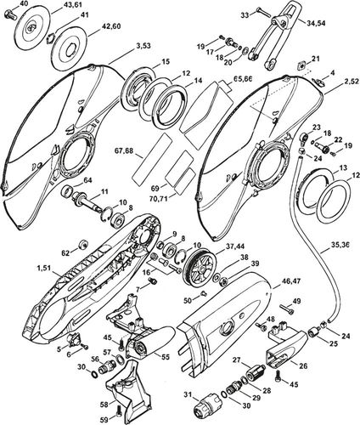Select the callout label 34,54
coord(315,23)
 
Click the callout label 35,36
coord(340,244)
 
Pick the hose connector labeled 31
coord(206,405)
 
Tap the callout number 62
coord(65,252)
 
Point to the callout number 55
coord(165,357)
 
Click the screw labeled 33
coord(263,12)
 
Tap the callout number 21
coord(316,59)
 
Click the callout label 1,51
coord(43,268)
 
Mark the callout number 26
coord(303,365)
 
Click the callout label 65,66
coord(242,79)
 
